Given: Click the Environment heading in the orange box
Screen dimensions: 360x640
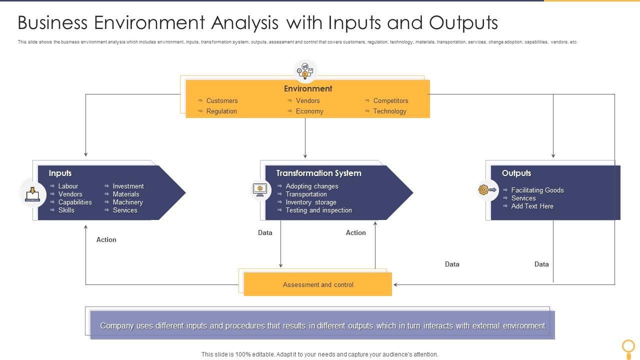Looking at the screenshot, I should tap(307, 88).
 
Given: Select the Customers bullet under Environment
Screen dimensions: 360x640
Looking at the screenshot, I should tap(221, 100).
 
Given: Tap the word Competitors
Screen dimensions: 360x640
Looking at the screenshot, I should tap(390, 100).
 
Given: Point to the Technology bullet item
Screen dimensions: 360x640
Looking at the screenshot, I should tap(389, 111).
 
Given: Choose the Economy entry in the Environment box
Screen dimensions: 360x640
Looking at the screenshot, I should tap(309, 111).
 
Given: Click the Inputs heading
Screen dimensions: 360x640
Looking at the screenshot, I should tap(60, 173).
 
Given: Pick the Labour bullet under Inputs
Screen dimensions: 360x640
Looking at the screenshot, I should tap(68, 186).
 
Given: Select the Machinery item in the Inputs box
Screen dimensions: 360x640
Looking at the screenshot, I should tap(127, 202).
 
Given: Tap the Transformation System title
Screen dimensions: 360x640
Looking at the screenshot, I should tap(318, 173).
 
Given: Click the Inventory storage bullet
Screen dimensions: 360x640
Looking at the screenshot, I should tap(310, 202).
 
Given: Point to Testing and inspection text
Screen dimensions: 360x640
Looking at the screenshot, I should tap(318, 210).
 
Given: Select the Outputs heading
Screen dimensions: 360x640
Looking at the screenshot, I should tap(516, 173).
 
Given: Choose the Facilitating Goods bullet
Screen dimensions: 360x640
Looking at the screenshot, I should tap(537, 190).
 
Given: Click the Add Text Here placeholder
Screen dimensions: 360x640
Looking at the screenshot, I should tap(532, 206).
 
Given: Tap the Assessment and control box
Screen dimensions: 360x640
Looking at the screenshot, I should tap(318, 284).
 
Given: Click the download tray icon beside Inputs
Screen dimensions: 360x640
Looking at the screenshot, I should tap(32, 193).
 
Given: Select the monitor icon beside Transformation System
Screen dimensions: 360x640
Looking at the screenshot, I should tap(260, 189).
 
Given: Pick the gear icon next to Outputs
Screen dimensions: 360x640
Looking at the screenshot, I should tap(483, 189).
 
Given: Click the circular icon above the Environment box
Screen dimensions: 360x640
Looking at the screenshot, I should tap(305, 71).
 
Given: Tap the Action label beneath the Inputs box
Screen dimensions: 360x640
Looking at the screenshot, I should tap(106, 239).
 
